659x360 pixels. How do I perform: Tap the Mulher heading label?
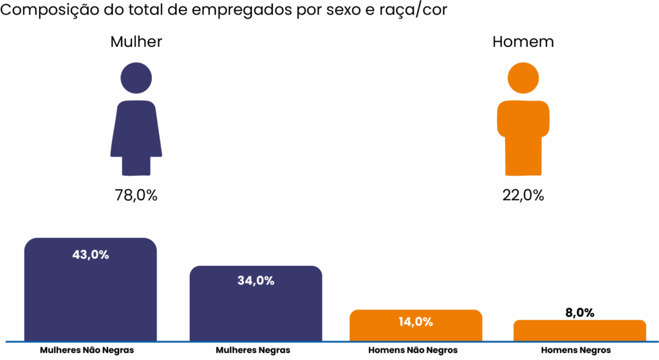point(136,43)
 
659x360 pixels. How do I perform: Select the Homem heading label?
point(523,43)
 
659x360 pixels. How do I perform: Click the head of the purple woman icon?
point(136,79)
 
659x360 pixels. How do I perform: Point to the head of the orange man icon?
point(523,77)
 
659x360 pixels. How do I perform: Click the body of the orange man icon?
point(523,135)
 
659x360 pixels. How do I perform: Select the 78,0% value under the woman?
point(136,195)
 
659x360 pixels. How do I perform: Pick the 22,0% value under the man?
point(523,195)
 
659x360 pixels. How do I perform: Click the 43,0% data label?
point(91,254)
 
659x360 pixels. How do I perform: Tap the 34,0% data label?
point(255,281)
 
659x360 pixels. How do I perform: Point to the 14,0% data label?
point(415,322)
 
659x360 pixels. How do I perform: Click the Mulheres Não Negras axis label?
point(91,351)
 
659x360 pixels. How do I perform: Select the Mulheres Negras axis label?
point(255,351)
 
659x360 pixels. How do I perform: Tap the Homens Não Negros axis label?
point(415,351)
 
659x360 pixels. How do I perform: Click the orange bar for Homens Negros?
point(579,330)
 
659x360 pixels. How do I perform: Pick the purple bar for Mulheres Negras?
point(255,309)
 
